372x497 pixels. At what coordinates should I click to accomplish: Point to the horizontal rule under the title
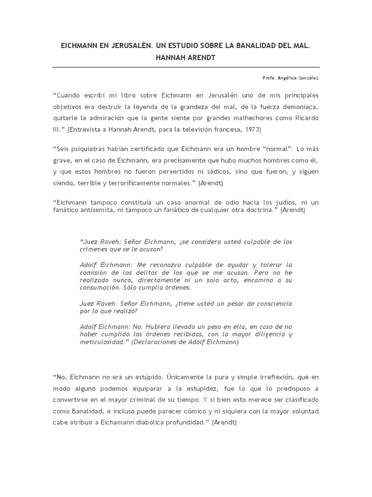186,67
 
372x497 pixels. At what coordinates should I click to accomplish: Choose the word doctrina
263,211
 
